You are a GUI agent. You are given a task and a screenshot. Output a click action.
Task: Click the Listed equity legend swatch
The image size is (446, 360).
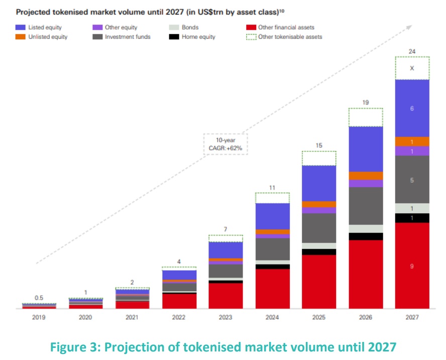20,28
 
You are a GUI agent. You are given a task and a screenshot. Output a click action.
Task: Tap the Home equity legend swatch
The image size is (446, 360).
174,37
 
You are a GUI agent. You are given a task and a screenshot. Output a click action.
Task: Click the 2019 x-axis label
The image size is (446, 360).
39,317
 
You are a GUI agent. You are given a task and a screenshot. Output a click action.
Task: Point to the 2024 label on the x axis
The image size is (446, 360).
272,317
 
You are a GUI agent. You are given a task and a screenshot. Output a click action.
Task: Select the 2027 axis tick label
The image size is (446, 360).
412,317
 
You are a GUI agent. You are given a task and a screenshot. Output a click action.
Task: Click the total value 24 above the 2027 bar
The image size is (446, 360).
412,52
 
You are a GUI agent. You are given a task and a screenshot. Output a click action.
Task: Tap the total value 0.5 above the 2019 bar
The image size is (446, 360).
39,298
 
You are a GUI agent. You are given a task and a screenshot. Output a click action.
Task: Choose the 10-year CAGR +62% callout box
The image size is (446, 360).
225,144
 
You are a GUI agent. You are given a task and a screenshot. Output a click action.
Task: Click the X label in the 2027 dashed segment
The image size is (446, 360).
412,68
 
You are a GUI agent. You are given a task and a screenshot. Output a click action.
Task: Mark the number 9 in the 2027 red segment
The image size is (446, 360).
412,266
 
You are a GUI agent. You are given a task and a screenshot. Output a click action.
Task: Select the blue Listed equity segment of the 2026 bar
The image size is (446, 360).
366,149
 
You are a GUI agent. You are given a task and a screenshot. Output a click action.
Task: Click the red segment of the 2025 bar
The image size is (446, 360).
319,282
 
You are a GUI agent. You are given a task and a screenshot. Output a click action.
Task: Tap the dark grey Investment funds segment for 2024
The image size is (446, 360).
272,249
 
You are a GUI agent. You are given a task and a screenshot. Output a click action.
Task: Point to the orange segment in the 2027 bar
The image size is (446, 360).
412,141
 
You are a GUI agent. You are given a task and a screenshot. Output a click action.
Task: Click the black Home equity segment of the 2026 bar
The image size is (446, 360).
366,236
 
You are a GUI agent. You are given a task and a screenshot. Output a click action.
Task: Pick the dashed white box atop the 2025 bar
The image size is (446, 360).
319,158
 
